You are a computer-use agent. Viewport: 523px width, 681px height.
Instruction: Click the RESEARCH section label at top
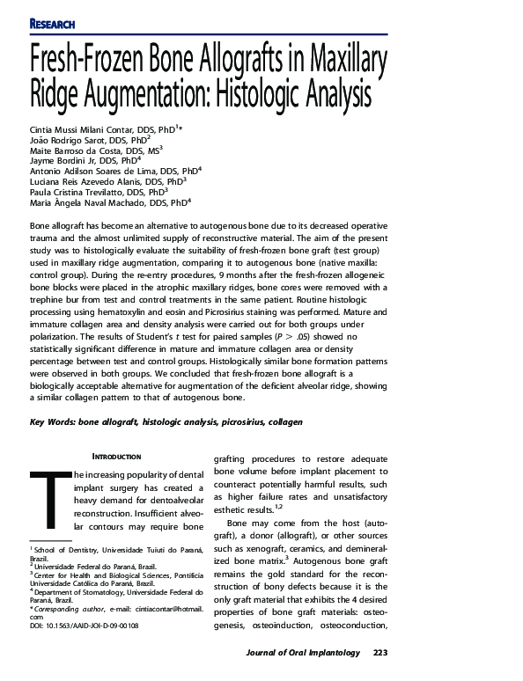52,23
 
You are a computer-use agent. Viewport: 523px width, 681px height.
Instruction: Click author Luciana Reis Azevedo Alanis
85,181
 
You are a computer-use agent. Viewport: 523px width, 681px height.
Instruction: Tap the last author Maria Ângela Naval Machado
86,202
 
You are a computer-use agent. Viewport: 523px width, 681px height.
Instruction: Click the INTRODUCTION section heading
117,457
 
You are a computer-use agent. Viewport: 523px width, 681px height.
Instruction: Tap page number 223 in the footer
379,652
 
